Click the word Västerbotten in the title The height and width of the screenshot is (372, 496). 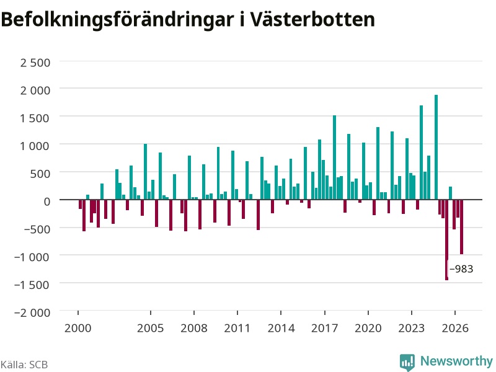(312, 19)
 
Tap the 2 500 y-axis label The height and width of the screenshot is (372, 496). (35, 63)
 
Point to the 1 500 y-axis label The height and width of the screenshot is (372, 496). (35, 118)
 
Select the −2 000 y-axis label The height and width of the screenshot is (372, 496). (32, 312)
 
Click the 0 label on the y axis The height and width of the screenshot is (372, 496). (47, 201)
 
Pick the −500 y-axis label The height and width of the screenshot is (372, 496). (37, 229)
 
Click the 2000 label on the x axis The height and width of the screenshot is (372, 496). (78, 328)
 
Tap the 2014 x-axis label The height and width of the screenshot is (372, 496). (281, 328)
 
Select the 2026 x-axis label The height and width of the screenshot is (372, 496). (455, 328)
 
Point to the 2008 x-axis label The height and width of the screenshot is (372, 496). (194, 328)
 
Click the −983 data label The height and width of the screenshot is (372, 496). (461, 269)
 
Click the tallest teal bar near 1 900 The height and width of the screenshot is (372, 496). (436, 147)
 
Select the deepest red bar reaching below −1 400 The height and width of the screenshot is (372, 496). (446, 240)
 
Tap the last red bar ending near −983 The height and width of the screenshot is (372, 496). (461, 227)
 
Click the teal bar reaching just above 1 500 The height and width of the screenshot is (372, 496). (334, 157)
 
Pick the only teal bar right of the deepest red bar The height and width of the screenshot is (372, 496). (451, 193)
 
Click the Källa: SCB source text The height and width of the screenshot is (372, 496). (24, 365)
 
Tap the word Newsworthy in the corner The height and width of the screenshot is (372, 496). (456, 361)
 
